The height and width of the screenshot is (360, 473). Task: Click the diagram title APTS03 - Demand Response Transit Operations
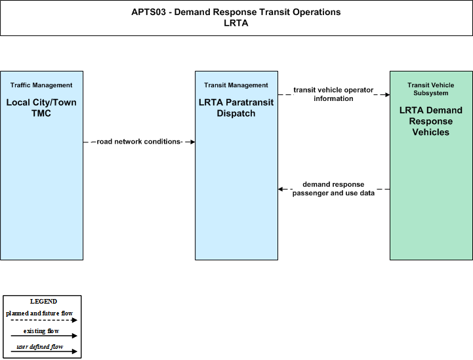(x=236, y=12)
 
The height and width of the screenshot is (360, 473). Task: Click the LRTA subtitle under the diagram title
(x=236, y=23)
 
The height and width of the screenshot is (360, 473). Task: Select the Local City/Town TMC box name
(x=41, y=108)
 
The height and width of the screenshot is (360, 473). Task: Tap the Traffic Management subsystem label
(x=41, y=85)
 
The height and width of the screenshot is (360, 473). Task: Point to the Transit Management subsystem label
(x=236, y=85)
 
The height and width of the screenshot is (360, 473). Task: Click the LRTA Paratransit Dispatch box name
(x=236, y=108)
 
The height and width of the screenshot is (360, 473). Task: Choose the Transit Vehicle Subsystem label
(x=431, y=89)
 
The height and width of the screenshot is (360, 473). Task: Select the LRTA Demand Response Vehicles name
(x=431, y=121)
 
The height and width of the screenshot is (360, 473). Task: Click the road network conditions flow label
(x=139, y=142)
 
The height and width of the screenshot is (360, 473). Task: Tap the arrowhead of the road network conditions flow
(x=192, y=142)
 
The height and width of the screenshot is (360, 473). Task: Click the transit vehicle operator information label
(x=333, y=94)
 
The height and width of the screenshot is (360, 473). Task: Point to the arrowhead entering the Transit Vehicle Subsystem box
(x=387, y=94)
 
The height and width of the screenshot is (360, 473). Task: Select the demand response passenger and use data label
(x=333, y=189)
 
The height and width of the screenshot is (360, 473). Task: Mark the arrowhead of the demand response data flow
(x=281, y=189)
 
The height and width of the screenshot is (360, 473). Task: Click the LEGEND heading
(x=43, y=302)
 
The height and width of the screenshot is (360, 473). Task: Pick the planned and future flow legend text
(x=39, y=313)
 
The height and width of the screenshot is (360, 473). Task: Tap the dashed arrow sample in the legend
(x=44, y=320)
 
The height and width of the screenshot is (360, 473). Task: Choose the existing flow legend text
(x=41, y=331)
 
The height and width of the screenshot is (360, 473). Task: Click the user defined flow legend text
(x=40, y=347)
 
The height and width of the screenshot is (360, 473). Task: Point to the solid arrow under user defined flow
(x=44, y=351)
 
